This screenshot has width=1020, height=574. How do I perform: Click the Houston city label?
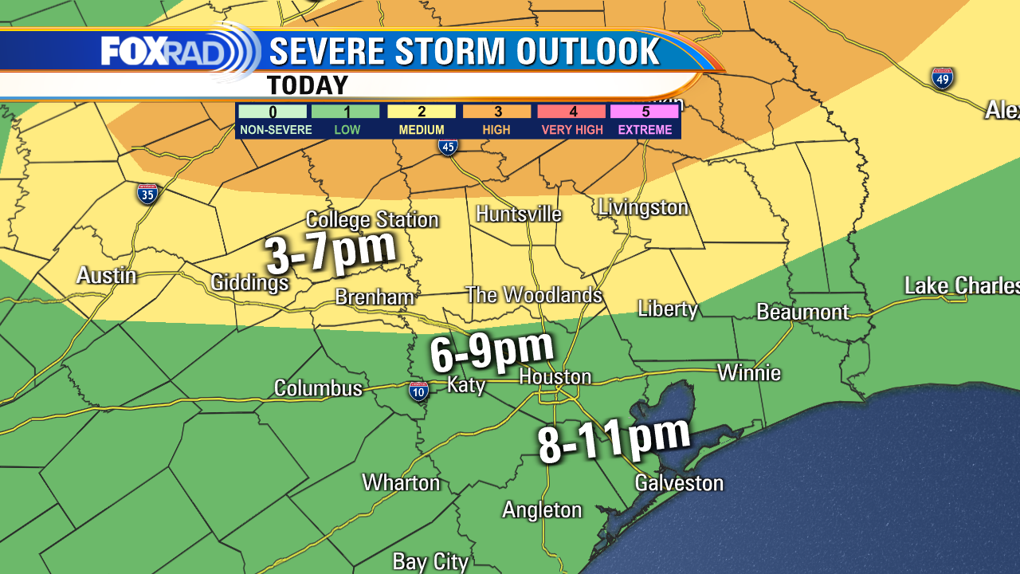point(555,376)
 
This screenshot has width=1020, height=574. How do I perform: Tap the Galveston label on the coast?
point(679,482)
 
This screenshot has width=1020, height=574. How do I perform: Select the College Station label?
point(372,220)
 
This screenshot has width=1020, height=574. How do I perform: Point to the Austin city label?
point(106,276)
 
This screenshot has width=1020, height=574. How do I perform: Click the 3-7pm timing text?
point(331,253)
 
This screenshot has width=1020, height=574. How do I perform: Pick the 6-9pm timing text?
point(492,351)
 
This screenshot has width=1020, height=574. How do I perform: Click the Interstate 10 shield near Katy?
point(418,390)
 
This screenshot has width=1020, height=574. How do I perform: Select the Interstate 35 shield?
point(147,194)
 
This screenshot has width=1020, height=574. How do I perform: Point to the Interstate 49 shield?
point(942,78)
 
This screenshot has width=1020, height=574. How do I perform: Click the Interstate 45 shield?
point(448,146)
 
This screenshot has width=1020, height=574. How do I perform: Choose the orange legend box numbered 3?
point(496,112)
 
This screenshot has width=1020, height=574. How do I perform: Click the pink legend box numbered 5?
point(644,112)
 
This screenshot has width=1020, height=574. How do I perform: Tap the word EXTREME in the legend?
point(644,129)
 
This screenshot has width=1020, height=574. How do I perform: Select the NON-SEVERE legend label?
point(273,129)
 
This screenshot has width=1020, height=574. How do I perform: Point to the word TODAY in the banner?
point(308,85)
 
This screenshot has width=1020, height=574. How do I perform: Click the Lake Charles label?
point(961,285)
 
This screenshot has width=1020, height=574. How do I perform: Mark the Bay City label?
point(430,562)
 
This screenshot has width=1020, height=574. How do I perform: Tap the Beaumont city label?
point(802,312)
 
